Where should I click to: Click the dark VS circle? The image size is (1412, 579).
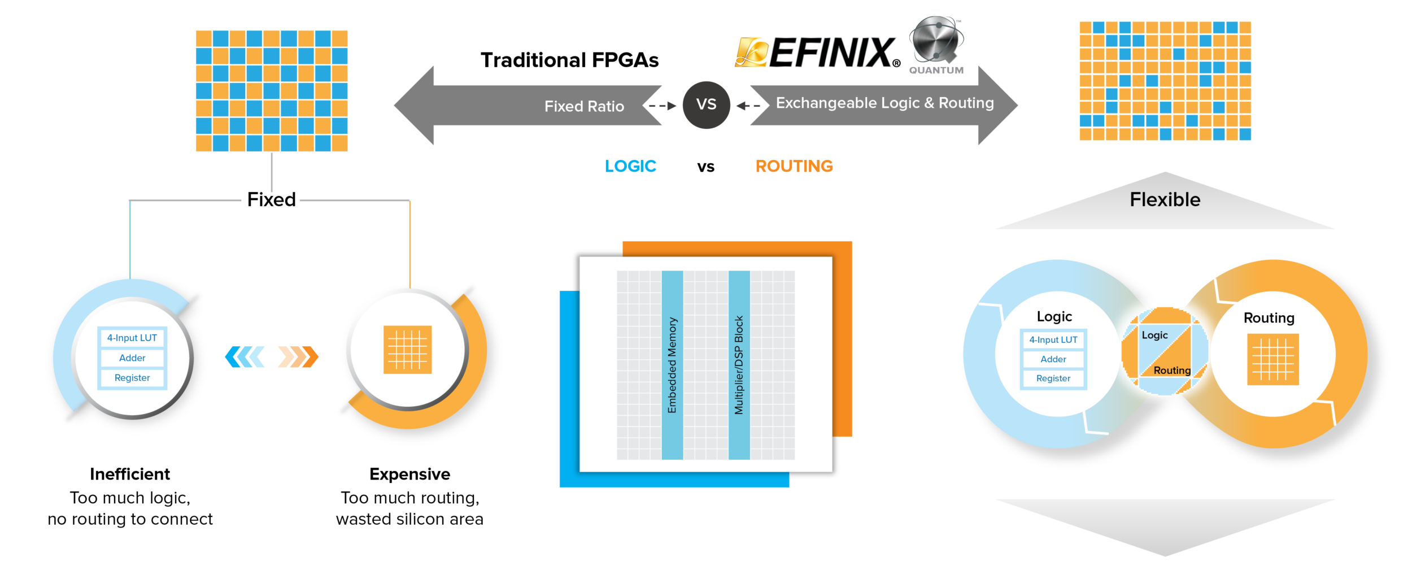[706, 105]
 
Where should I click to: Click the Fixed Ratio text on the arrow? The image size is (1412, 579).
[584, 106]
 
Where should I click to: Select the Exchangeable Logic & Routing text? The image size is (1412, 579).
[884, 103]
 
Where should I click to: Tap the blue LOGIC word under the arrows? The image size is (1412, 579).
[630, 166]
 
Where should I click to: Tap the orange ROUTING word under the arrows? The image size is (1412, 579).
[794, 166]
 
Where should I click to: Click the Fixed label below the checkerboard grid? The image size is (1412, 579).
[271, 200]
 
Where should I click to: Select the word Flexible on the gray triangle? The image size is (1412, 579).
[1165, 200]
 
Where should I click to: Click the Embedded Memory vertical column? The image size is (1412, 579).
[672, 365]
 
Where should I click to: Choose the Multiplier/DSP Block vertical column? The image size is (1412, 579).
[739, 365]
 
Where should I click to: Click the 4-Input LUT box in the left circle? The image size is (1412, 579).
[132, 338]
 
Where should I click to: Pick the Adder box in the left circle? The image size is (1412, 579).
[132, 358]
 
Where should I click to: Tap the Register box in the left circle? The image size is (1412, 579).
[132, 378]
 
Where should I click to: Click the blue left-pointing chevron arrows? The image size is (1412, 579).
[245, 357]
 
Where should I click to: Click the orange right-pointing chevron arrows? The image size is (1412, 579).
[298, 357]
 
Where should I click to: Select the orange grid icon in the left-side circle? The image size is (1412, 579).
[407, 350]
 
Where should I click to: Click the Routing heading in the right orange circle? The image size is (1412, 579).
[1269, 318]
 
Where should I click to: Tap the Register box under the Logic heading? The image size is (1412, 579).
[1053, 378]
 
